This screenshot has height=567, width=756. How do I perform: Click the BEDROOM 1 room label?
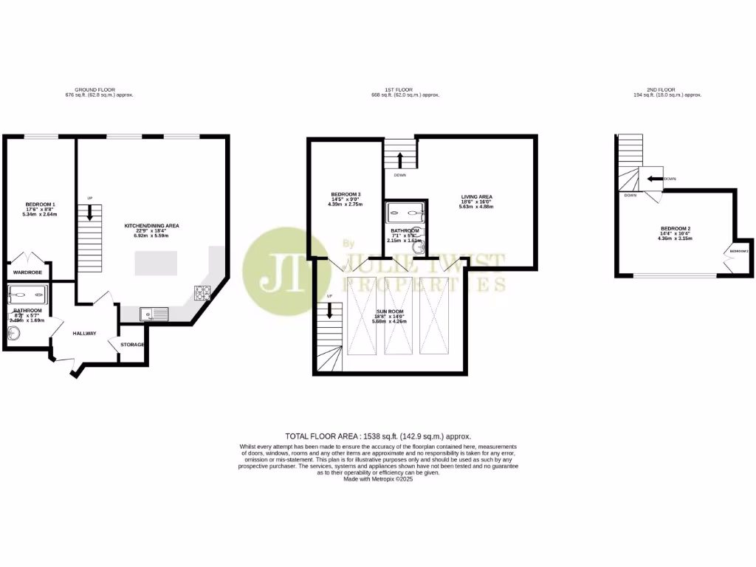click(41, 204)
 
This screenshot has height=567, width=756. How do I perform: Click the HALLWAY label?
click(84, 333)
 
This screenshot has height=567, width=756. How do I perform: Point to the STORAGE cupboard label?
click(132, 345)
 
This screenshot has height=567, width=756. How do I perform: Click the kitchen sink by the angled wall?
click(154, 315)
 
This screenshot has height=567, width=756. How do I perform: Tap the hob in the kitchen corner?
click(202, 293)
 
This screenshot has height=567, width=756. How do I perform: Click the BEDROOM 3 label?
click(345, 194)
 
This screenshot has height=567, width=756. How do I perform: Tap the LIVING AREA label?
click(476, 196)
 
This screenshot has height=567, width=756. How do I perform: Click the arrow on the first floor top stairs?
click(399, 159)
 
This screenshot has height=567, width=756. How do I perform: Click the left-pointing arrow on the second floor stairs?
click(653, 179)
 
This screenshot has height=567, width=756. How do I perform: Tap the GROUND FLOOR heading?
click(100, 89)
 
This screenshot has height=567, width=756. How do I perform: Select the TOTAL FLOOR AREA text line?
click(378, 436)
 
